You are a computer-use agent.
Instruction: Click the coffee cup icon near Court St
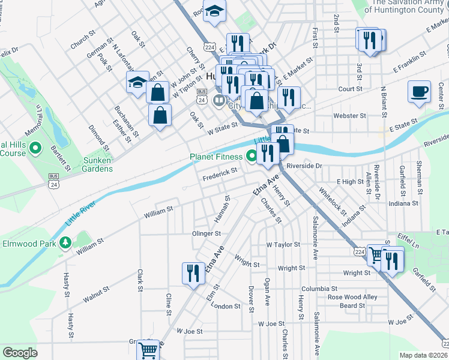coord(418,92)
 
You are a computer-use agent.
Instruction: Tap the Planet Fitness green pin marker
coord(252,157)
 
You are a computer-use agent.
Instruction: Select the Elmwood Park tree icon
coord(64,244)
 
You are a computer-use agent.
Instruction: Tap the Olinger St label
coord(206,233)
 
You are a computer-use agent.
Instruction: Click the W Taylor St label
coord(283,245)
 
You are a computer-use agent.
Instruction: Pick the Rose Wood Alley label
coord(352,297)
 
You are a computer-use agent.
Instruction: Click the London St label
coord(226,306)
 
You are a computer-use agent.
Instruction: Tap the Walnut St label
coord(97,293)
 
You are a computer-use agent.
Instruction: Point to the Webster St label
coord(349,115)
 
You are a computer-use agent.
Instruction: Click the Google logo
coord(20,353)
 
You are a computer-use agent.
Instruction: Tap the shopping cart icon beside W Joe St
coord(148,349)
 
